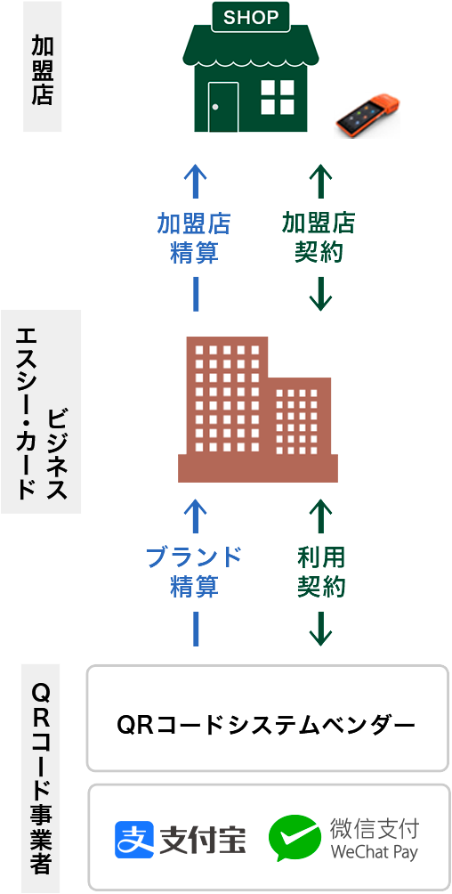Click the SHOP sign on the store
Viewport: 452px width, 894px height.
250,17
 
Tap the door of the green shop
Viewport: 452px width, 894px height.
222,107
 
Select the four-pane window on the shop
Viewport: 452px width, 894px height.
278,97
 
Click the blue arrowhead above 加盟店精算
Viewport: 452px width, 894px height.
196,171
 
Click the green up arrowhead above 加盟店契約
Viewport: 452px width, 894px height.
320,171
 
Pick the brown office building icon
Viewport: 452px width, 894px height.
258,410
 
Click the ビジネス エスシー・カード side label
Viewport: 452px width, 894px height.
41,411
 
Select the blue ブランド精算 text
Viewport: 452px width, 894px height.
194,572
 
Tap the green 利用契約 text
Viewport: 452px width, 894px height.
321,572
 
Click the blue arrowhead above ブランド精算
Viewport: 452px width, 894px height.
196,506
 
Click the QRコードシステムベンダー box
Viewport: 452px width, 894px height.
267,719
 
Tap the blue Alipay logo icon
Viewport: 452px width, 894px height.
134,840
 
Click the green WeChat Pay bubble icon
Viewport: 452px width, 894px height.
295,838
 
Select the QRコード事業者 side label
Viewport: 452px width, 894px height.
41,778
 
